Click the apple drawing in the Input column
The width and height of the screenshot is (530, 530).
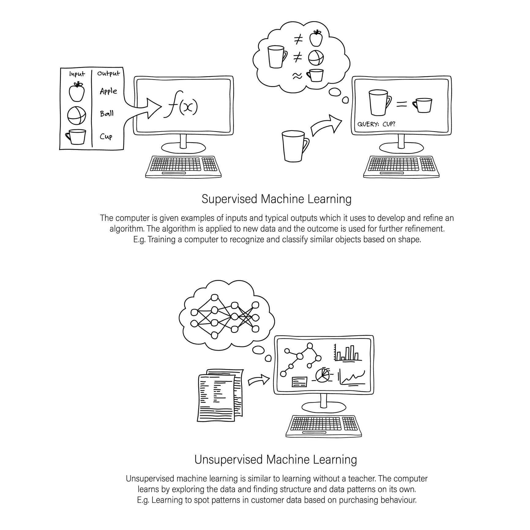pyautogui.click(x=77, y=91)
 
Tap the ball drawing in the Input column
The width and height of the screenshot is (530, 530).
pyautogui.click(x=77, y=115)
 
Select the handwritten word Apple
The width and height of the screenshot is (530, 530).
pyautogui.click(x=108, y=91)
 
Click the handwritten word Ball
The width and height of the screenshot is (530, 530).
pyautogui.click(x=107, y=114)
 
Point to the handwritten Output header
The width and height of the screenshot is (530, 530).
pyautogui.click(x=109, y=73)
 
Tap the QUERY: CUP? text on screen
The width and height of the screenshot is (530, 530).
pyautogui.click(x=376, y=124)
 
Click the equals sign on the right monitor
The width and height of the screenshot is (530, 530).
pyautogui.click(x=402, y=105)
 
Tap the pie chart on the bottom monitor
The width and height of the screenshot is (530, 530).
pyautogui.click(x=323, y=375)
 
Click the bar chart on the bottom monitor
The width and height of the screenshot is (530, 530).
pyautogui.click(x=348, y=353)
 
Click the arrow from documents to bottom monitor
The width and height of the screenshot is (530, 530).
pyautogui.click(x=259, y=380)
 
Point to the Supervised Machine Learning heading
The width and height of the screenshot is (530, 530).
pyautogui.click(x=276, y=199)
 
